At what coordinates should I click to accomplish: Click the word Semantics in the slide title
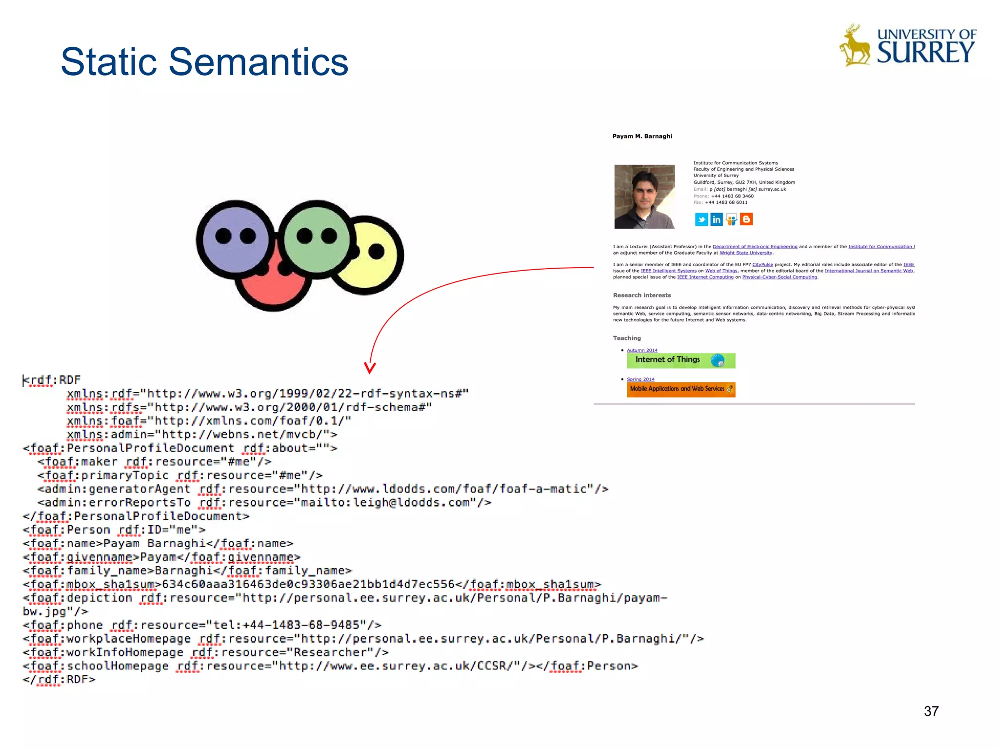[x=259, y=62]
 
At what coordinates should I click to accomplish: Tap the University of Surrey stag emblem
[x=855, y=45]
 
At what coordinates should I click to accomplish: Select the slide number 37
[x=931, y=711]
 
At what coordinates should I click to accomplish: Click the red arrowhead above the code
[x=370, y=367]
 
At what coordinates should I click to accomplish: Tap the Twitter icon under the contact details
[x=701, y=219]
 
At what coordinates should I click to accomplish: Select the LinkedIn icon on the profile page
[x=716, y=219]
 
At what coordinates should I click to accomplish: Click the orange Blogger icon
[x=746, y=219]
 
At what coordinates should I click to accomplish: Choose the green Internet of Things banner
[x=680, y=360]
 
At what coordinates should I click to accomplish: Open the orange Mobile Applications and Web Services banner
[x=680, y=389]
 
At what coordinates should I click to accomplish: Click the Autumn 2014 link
[x=642, y=350]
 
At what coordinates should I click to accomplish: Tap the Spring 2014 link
[x=640, y=379]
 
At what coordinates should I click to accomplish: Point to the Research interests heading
[x=642, y=295]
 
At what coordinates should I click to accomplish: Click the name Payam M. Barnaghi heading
[x=642, y=136]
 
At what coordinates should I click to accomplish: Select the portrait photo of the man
[x=644, y=197]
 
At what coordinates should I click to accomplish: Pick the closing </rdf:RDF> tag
[x=59, y=680]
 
